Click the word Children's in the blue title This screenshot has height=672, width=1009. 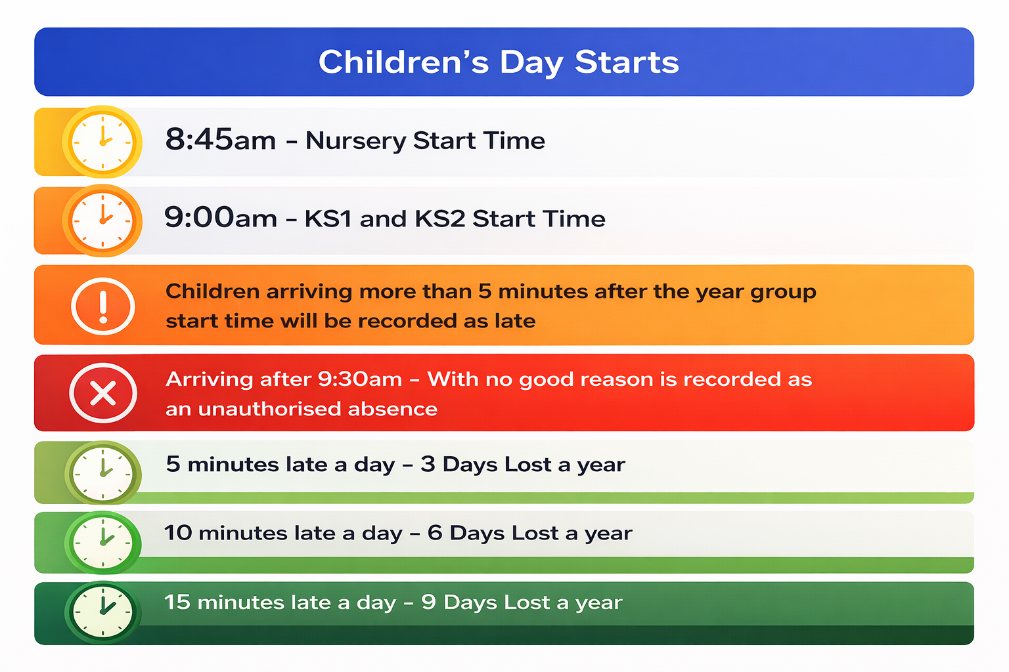click(x=403, y=62)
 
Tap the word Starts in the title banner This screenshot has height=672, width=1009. click(x=627, y=62)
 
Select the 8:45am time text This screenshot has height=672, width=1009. click(x=220, y=139)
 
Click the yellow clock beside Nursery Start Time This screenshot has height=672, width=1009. click(x=102, y=142)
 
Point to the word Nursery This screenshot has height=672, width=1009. click(x=355, y=141)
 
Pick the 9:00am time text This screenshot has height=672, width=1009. click(x=220, y=217)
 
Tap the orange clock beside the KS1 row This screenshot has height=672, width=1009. click(x=102, y=220)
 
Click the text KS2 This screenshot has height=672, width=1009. click(x=439, y=219)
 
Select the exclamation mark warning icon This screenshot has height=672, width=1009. click(x=102, y=306)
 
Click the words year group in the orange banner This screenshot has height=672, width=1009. click(x=756, y=293)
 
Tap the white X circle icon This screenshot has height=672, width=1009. click(x=102, y=393)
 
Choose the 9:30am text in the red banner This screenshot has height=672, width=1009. click(x=359, y=379)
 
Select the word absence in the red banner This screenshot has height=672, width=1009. click(x=392, y=409)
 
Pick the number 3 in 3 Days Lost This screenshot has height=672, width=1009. click(x=428, y=464)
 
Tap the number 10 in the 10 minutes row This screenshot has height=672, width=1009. click(x=179, y=533)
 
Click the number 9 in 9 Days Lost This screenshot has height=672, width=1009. click(x=428, y=602)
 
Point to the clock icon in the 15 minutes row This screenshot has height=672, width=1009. click(x=102, y=612)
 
